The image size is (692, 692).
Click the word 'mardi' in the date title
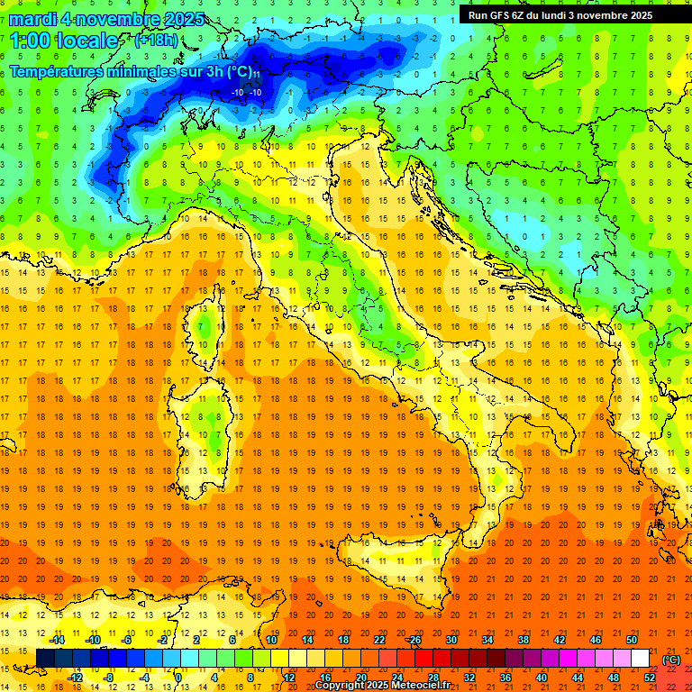pyautogui.click(x=32, y=19)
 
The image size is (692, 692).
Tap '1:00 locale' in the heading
pyautogui.click(x=64, y=41)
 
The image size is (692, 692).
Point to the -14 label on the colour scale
pyautogui.click(x=57, y=640)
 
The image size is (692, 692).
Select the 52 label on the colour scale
pyautogui.click(x=650, y=678)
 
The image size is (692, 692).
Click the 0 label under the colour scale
pyautogui.click(x=178, y=678)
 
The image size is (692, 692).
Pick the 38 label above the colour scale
pyautogui.click(x=523, y=640)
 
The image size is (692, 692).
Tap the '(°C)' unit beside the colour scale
pyautogui.click(x=671, y=660)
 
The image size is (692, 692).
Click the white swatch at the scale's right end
pyautogui.click(x=640, y=659)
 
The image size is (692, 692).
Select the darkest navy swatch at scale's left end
pyautogui.click(x=45, y=659)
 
